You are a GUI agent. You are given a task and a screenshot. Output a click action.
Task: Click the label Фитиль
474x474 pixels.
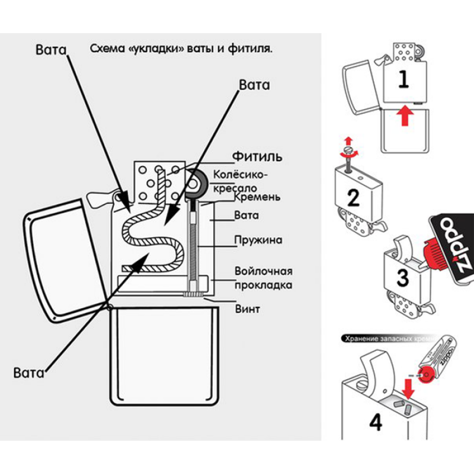coord(257,157)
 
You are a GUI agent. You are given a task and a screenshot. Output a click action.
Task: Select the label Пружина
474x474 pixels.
coord(258,241)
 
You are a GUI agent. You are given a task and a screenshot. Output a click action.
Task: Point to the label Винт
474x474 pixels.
coord(248,309)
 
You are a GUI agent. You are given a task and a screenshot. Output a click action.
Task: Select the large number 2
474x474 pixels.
coord(353,197)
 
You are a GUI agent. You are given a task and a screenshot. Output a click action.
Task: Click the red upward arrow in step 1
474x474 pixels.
coord(404,115)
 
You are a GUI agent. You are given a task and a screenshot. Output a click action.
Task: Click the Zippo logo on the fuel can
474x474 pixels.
coord(454,243)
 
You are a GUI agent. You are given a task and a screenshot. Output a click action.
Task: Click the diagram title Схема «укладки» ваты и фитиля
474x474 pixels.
coord(181,49)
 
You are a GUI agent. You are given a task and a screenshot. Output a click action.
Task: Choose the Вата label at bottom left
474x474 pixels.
coord(29,373)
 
